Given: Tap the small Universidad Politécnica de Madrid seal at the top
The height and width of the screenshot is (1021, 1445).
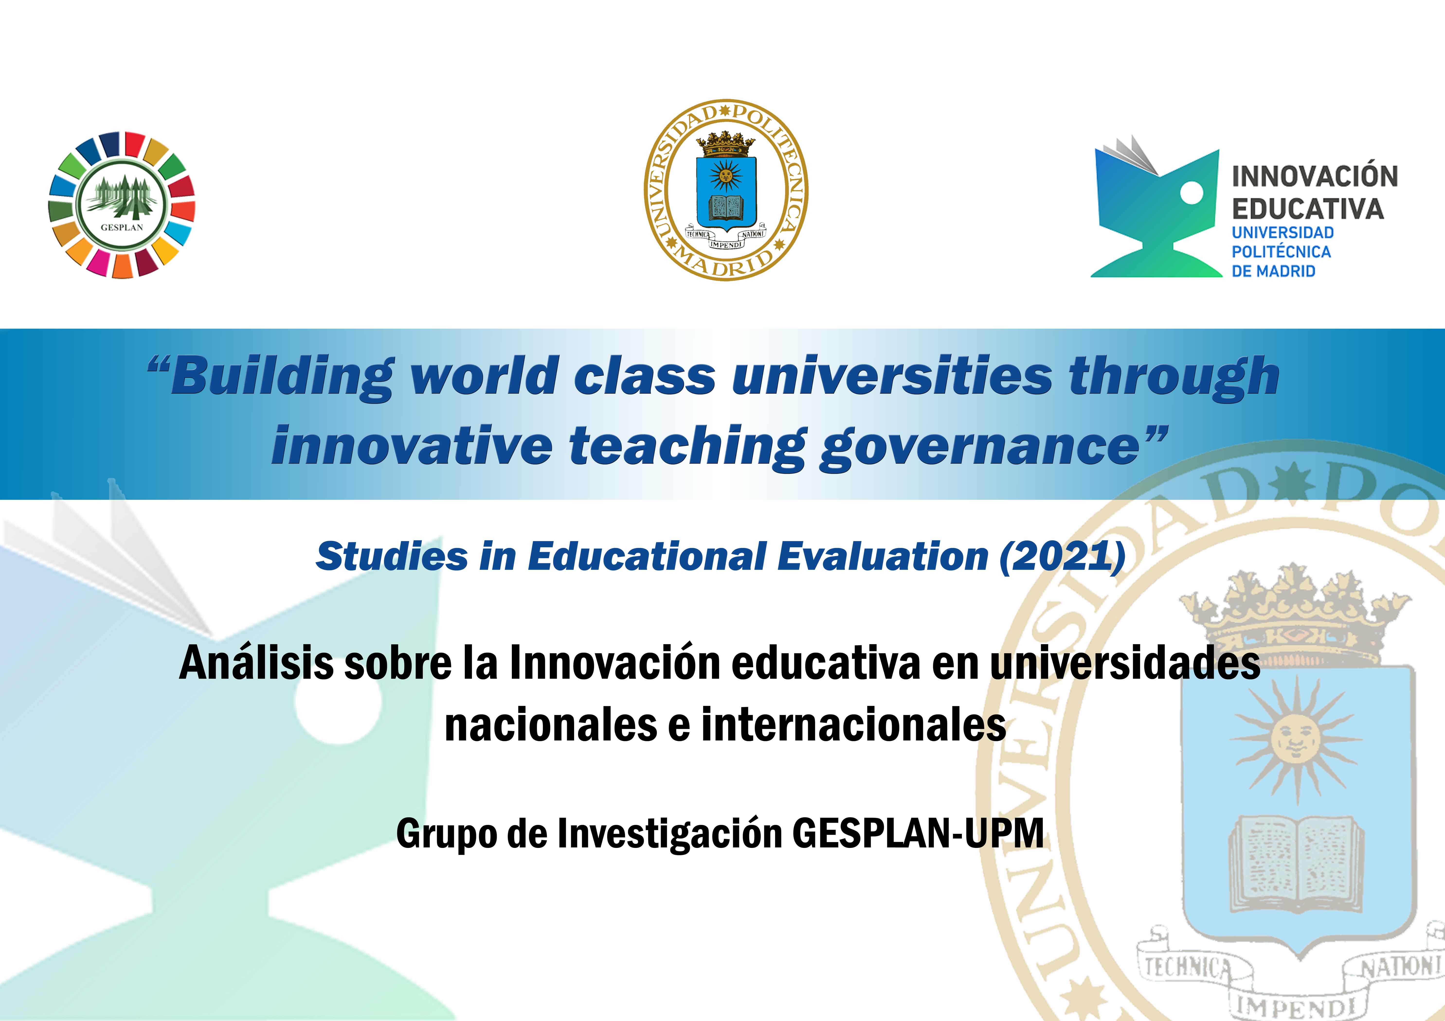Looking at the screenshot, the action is [x=726, y=190].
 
